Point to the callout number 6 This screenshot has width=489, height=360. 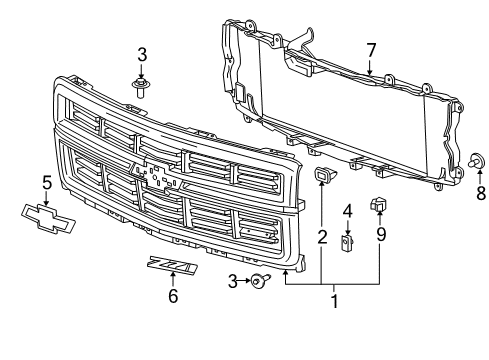tap(173, 296)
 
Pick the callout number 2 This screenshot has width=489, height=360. tap(322, 237)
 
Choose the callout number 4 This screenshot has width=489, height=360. tap(347, 210)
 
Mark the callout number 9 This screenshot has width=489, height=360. tap(380, 237)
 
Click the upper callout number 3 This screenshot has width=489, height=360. tap(142, 52)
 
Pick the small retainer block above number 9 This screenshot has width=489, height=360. tap(380, 205)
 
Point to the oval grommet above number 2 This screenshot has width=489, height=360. tap(322, 178)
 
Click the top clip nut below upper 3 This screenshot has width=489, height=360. tap(142, 90)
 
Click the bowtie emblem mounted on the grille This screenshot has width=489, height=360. tap(160, 176)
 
